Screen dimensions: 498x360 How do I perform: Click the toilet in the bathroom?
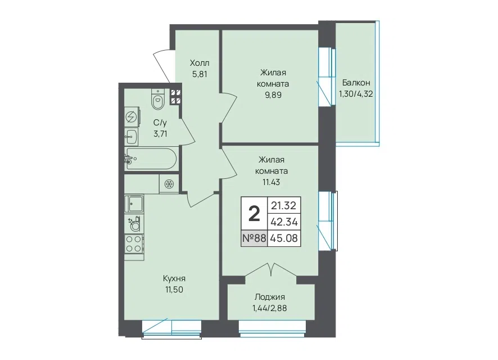pos(158,99)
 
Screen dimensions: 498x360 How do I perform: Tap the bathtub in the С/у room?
pos(151,159)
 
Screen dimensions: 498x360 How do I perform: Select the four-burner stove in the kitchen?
pos(134,244)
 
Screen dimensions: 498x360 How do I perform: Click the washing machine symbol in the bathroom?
pos(132,117)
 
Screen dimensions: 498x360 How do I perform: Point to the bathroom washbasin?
pos(131,137)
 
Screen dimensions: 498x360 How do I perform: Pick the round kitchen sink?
pos(135,224)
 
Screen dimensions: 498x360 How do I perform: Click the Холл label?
pos(200,63)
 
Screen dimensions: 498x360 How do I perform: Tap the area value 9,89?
pos(273,95)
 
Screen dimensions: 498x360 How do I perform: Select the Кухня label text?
pos(174,278)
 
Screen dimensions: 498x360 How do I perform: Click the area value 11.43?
pos(271,182)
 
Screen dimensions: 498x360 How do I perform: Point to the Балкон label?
pos(356,83)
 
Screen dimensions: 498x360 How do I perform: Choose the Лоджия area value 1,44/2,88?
pos(269,308)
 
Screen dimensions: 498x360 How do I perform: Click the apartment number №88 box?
pos(254,238)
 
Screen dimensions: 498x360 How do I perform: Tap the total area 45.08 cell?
pos(284,238)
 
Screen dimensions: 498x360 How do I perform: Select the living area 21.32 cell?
pos(283,205)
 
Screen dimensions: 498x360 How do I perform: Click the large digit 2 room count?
pos(254,214)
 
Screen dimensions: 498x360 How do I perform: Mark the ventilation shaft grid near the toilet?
pos(175,97)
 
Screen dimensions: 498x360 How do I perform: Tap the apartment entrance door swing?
pos(164,65)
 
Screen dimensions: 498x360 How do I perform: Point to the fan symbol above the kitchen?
pos(169,183)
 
